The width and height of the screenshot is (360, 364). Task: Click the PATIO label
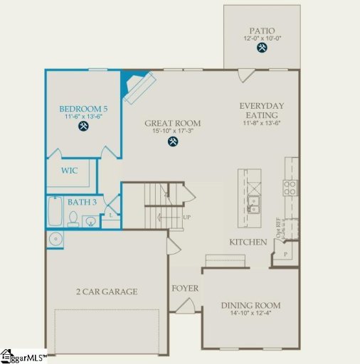pyautogui.click(x=261, y=29)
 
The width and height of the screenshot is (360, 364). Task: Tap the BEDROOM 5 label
pyautogui.click(x=82, y=109)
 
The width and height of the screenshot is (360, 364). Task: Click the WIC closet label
pyautogui.click(x=69, y=171)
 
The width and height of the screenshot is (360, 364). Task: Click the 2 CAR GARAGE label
pyautogui.click(x=107, y=291)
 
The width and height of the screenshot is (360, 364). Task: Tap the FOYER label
pyautogui.click(x=185, y=289)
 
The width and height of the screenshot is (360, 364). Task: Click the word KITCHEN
pyautogui.click(x=248, y=242)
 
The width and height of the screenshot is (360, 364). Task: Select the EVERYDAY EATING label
pyautogui.click(x=261, y=111)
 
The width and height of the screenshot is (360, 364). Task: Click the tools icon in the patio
pyautogui.click(x=262, y=48)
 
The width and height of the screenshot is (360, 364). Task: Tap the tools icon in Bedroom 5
pyautogui.click(x=83, y=127)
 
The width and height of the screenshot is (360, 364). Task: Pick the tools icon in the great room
pyautogui.click(x=173, y=141)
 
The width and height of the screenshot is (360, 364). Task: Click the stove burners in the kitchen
pyautogui.click(x=290, y=188)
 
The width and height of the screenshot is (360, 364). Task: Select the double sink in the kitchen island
pyautogui.click(x=253, y=200)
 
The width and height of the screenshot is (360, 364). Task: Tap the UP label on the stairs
pyautogui.click(x=187, y=217)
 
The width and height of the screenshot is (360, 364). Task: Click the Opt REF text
pyautogui.click(x=279, y=228)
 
